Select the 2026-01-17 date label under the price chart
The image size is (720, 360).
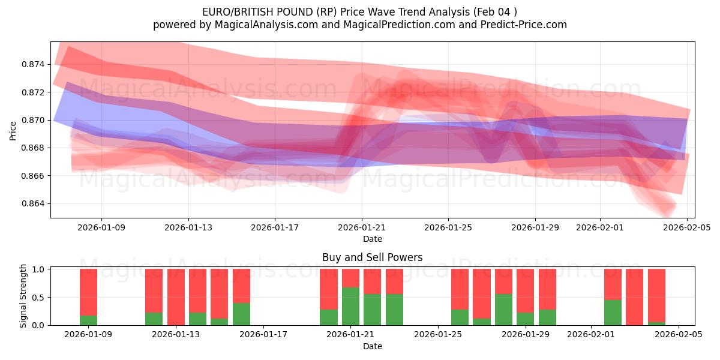coord(274,227)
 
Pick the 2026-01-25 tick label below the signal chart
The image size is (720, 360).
coord(438,335)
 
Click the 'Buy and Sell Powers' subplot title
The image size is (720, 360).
coord(372,257)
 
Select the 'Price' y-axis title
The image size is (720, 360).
coord(13,131)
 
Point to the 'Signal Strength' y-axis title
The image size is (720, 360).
coord(24,296)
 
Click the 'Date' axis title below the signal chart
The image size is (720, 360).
coord(372,346)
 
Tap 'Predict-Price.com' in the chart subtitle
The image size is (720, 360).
coord(524,25)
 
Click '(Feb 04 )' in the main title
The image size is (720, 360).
coord(494,11)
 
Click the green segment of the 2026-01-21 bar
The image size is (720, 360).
coord(350,306)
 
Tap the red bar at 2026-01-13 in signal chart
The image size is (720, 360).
coord(176,296)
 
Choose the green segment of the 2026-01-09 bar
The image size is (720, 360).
coord(88,320)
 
